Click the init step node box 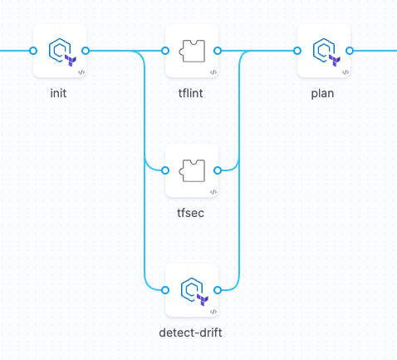point(60,51)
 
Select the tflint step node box point(192,51)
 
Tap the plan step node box point(323,51)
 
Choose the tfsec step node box point(192,170)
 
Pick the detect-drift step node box point(192,290)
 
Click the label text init point(58,93)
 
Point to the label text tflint point(190,93)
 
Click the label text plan point(322,93)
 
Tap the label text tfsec point(190,213)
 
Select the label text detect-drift point(190,333)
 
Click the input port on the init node point(33,51)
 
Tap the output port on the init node point(86,51)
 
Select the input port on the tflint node point(165,51)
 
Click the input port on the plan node point(297,51)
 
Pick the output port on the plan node point(350,51)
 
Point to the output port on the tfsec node point(218,170)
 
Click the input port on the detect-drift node point(165,290)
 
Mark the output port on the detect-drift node point(218,290)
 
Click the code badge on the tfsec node point(213,192)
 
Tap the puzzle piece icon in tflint point(191,50)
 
